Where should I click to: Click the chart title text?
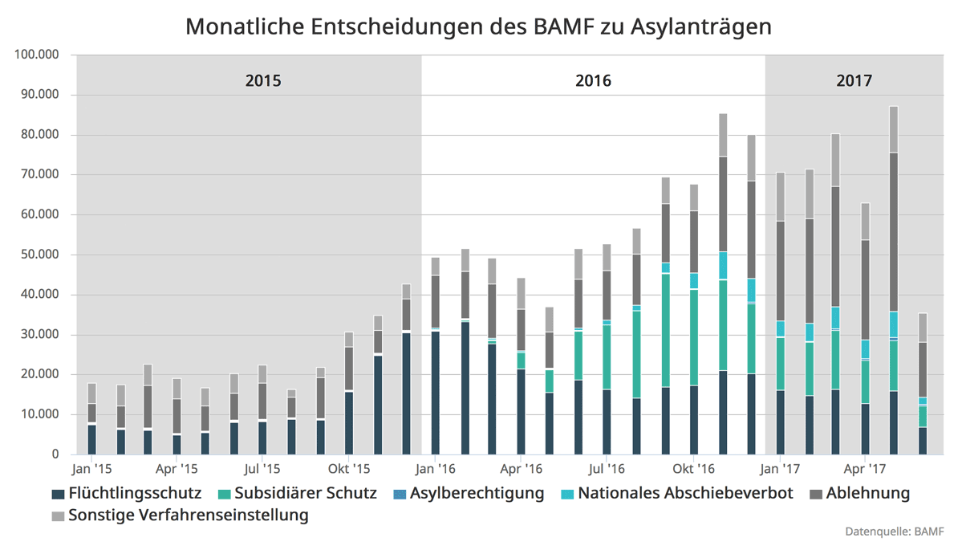[x=478, y=26]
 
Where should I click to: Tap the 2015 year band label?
[x=263, y=81]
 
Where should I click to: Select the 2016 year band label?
[x=593, y=81]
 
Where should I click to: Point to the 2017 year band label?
[x=854, y=81]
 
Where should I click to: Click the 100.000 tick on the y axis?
[x=37, y=55]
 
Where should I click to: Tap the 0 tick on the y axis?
[x=55, y=454]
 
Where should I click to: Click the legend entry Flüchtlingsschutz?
[x=126, y=493]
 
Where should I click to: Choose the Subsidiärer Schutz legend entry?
[x=297, y=493]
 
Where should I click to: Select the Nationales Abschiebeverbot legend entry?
[x=676, y=493]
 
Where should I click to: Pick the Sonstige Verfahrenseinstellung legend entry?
[x=180, y=515]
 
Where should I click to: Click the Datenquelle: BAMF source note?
[x=894, y=532]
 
